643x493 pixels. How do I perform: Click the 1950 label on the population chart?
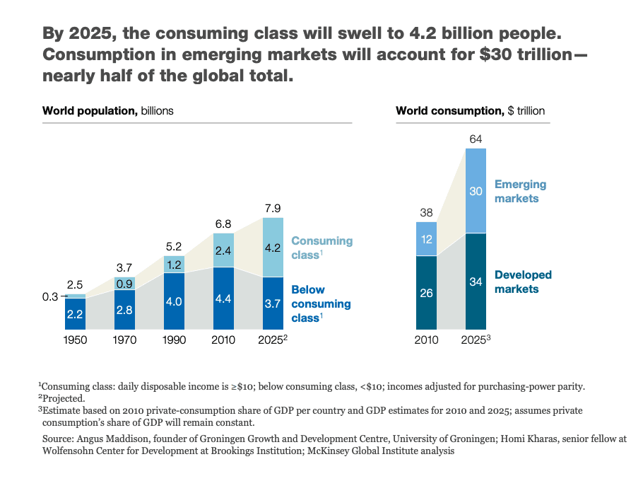click(75, 340)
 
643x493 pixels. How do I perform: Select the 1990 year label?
click(173, 340)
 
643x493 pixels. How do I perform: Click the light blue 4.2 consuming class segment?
click(272, 247)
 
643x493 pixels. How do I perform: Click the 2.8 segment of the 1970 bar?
click(124, 309)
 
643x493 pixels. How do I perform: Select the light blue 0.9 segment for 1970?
click(124, 284)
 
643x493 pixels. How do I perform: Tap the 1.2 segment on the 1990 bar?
click(173, 264)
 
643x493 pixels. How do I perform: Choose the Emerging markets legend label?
click(520, 192)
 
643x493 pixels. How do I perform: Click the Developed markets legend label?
click(523, 282)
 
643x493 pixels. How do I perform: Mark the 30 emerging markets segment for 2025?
click(476, 190)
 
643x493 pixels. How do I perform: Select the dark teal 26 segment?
click(426, 292)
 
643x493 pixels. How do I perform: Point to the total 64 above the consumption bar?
click(476, 138)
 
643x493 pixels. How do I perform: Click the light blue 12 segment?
click(426, 239)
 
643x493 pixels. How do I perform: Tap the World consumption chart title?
click(470, 111)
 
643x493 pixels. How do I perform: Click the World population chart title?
click(107, 111)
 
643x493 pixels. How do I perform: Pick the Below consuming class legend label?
click(320, 304)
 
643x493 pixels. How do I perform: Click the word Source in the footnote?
click(59, 439)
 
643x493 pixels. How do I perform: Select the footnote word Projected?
click(64, 398)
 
